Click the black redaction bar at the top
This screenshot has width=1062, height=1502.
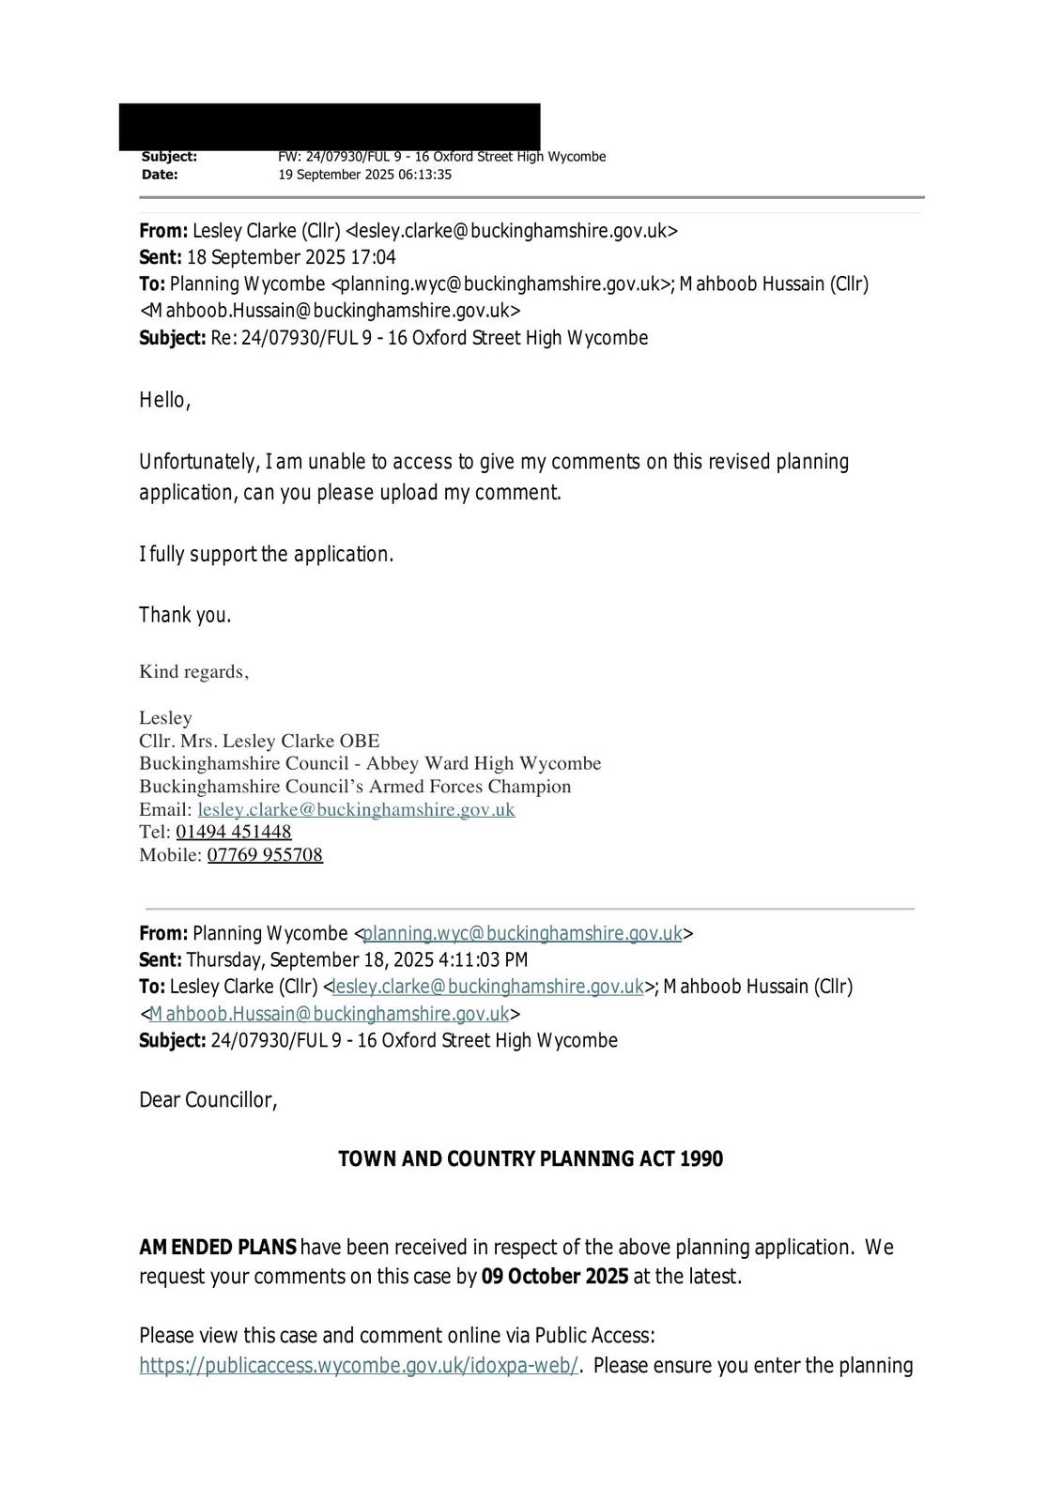pos(329,126)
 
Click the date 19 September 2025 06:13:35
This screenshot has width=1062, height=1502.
pos(364,175)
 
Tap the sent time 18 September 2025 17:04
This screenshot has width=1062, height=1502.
pos(291,257)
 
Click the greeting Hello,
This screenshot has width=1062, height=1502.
pos(165,400)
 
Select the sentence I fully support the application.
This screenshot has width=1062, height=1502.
pos(267,554)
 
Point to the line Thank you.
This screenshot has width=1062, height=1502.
pos(185,615)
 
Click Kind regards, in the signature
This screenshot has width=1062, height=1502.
pos(193,671)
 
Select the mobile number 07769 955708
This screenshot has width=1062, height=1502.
pos(265,854)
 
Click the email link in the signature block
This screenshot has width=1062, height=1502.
pos(356,809)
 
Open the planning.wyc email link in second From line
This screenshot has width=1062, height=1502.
pos(522,933)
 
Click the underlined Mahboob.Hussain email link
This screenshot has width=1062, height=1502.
pos(329,1014)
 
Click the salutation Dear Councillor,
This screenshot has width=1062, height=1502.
pos(208,1099)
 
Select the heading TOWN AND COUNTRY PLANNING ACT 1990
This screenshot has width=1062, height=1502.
pos(531,1158)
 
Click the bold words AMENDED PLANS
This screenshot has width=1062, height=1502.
pos(218,1247)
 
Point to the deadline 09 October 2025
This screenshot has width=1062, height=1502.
pos(555,1277)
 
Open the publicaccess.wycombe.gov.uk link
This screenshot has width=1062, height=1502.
pos(359,1365)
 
